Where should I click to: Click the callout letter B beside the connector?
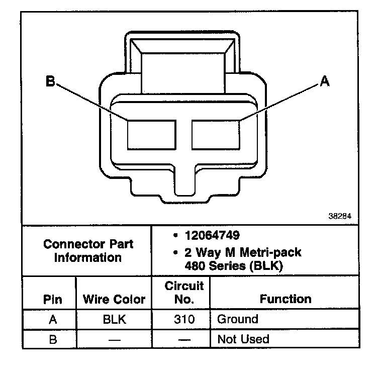(50, 81)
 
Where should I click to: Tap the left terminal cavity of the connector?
(151, 134)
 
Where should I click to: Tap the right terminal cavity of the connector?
(216, 134)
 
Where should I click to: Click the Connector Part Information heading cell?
(88, 251)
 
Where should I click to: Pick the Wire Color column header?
(114, 300)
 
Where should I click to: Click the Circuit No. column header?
(184, 293)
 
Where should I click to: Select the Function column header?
(285, 299)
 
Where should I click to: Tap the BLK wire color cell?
(114, 319)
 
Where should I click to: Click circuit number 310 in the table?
(184, 319)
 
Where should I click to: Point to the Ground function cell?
(237, 319)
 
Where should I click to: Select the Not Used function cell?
(243, 339)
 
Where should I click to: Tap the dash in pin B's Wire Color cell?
(114, 339)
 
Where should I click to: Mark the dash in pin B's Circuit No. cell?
(184, 339)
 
